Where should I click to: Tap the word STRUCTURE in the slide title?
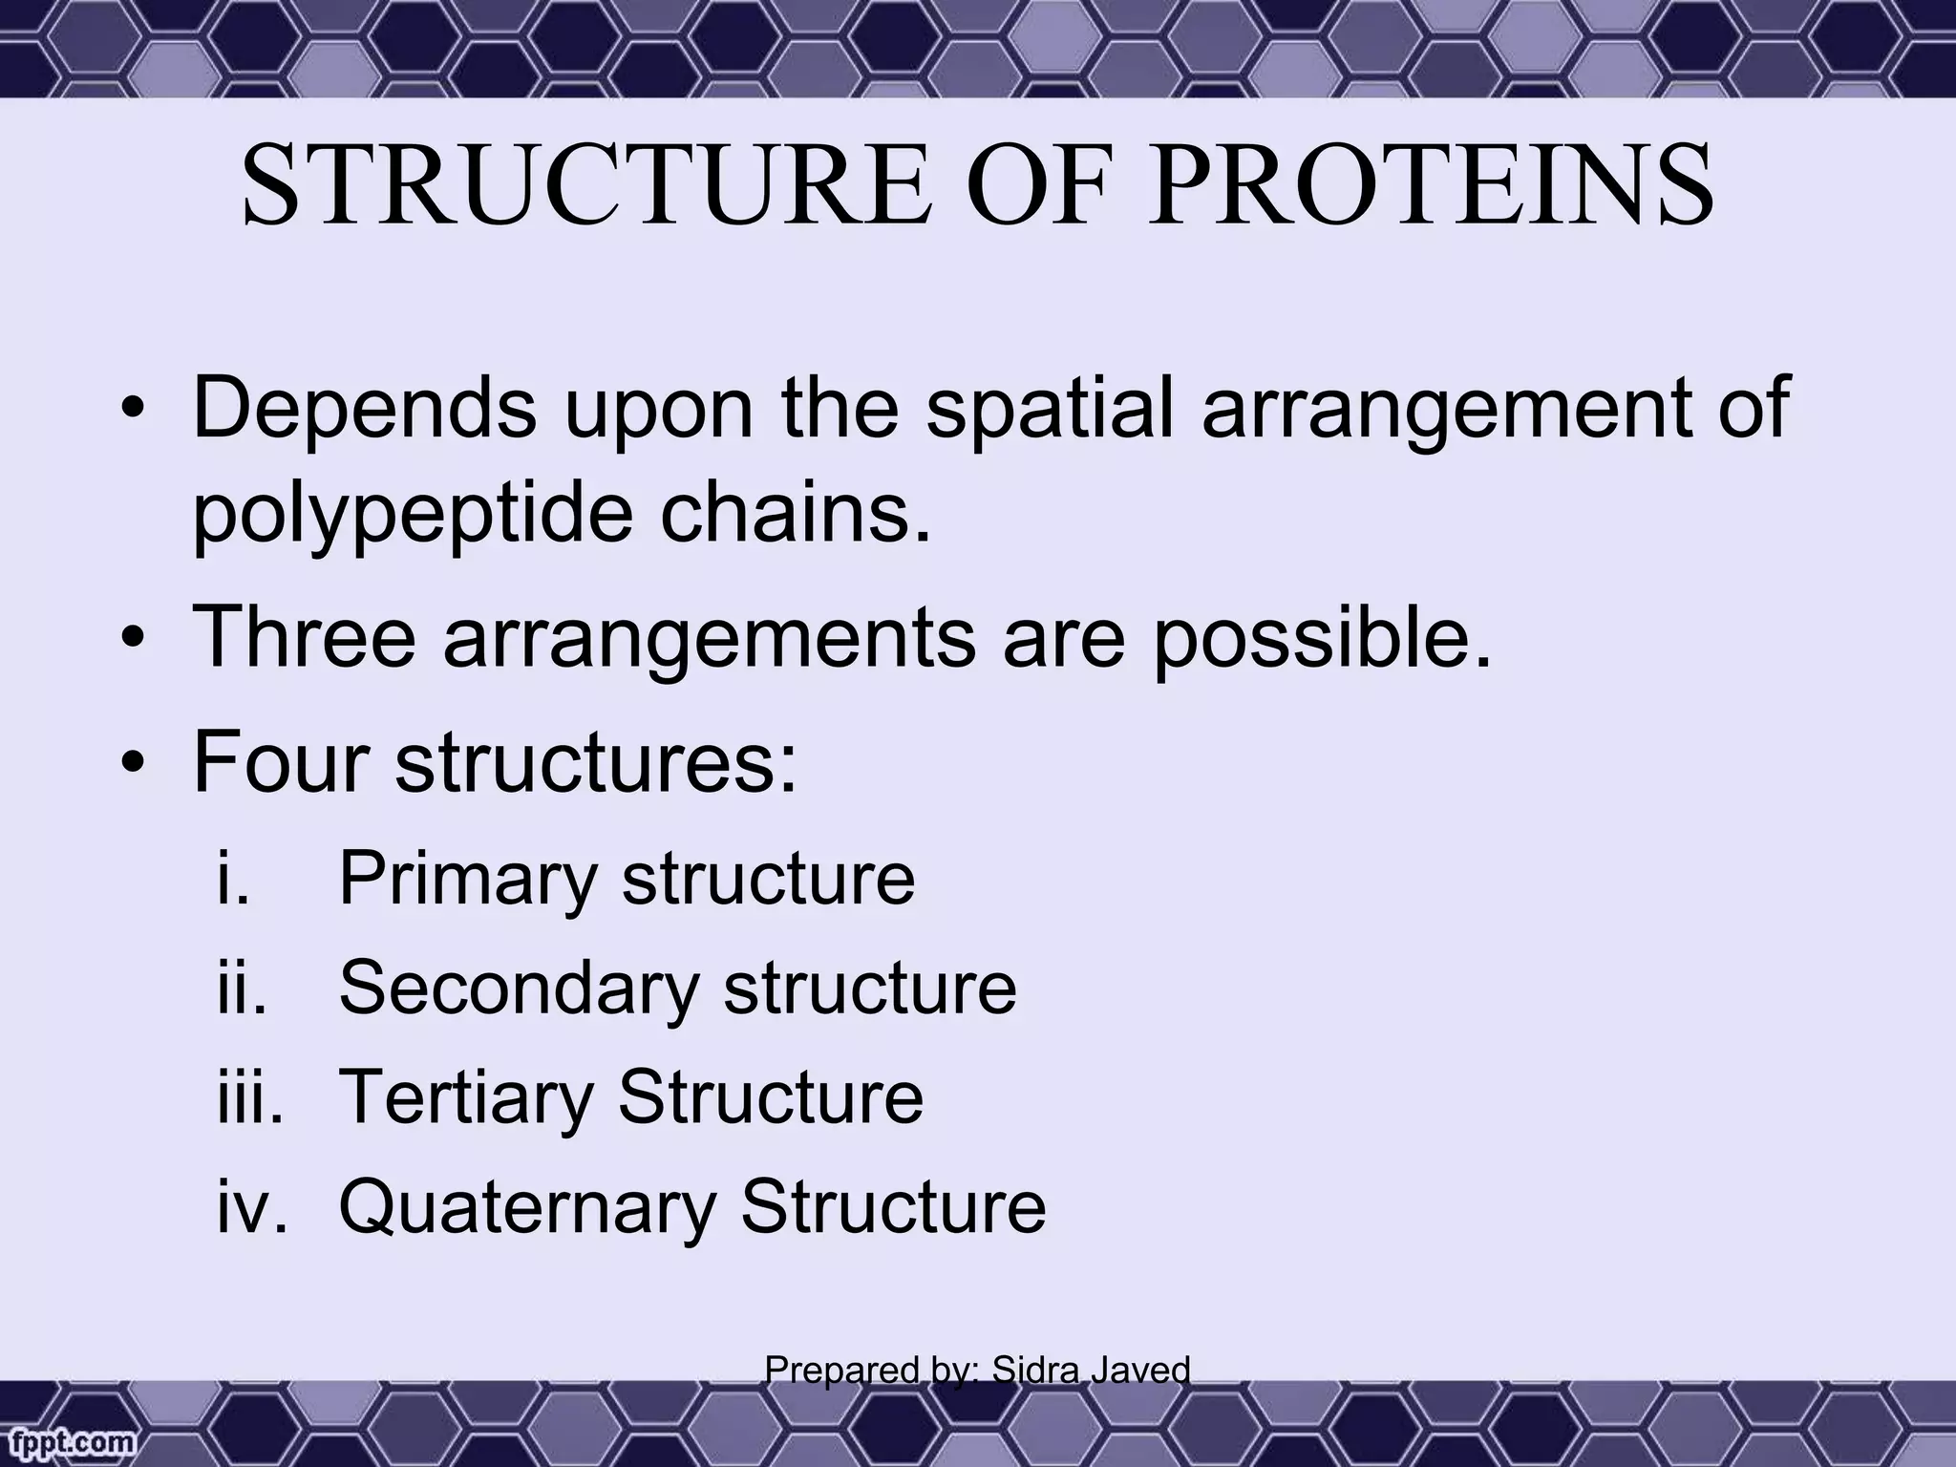(585, 186)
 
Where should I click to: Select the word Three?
(305, 636)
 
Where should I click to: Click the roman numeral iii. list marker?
(249, 1097)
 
